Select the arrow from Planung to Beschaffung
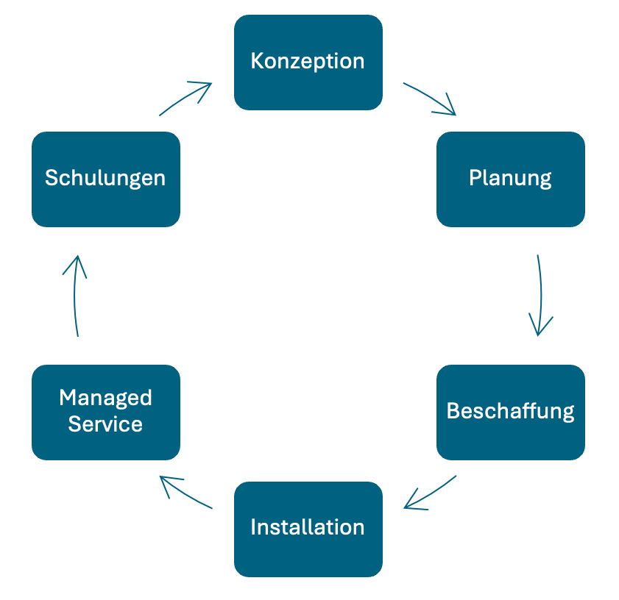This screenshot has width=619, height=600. (541, 294)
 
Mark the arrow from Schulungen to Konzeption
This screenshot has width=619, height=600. (185, 98)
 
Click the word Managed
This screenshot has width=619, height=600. (105, 398)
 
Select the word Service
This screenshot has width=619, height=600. (105, 424)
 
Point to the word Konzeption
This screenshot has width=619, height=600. (308, 61)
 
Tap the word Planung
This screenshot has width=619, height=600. (510, 178)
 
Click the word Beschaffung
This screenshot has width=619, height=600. (510, 410)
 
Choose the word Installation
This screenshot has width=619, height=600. (308, 527)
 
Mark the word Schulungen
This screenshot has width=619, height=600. (105, 178)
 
